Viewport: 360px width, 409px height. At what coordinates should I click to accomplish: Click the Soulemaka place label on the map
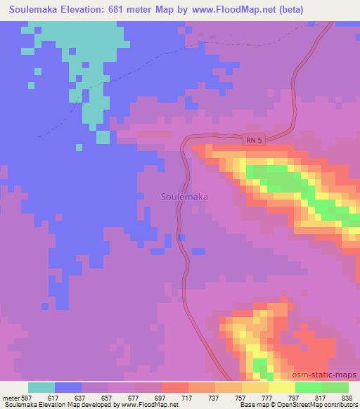184,197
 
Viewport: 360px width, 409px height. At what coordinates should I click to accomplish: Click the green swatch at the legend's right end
335,387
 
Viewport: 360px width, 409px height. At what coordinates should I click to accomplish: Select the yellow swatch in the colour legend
281,387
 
